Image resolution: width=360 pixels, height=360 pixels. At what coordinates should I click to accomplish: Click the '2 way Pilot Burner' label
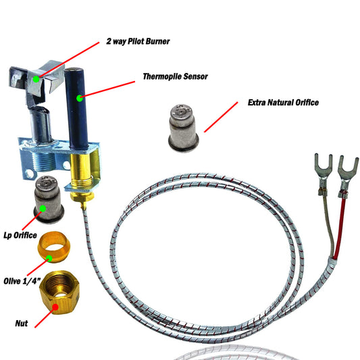(138, 41)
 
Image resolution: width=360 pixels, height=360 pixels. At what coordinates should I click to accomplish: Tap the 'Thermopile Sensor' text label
(175, 76)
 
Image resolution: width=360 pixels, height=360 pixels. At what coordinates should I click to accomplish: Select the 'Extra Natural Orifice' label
(283, 103)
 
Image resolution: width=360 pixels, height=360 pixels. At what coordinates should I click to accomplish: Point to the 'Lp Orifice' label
(20, 235)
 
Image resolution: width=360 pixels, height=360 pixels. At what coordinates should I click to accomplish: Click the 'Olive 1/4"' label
(22, 281)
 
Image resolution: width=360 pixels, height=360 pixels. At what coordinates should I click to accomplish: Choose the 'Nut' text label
(22, 324)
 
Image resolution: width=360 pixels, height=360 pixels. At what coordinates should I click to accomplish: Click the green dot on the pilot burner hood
(36, 79)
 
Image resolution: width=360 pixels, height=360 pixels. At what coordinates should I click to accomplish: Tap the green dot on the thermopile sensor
(80, 98)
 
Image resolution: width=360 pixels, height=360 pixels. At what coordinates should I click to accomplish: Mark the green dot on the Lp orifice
(43, 209)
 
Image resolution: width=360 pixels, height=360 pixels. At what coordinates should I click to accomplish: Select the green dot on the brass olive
(49, 259)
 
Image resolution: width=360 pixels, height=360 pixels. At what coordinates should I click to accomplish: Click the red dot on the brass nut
(55, 307)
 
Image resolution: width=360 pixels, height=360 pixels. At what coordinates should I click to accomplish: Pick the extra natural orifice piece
(184, 128)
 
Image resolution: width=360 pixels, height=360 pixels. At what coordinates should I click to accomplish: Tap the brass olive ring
(54, 247)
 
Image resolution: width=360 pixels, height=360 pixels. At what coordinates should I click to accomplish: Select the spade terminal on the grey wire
(324, 174)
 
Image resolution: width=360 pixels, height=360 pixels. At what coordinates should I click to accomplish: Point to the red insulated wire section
(339, 228)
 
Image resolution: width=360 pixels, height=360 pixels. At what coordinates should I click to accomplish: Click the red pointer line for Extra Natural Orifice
(221, 117)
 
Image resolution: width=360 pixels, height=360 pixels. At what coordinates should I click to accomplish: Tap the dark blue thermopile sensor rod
(76, 108)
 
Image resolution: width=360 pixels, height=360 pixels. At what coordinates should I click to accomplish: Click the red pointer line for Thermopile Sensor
(107, 90)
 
